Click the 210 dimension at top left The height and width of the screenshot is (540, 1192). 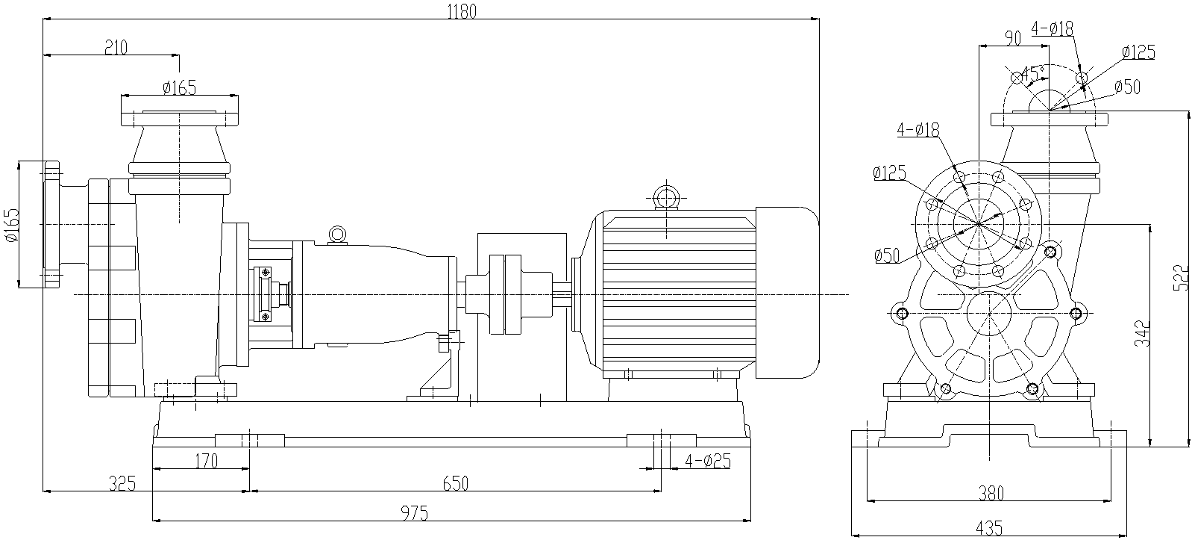click(x=116, y=48)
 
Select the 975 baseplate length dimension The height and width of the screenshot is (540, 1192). click(x=415, y=513)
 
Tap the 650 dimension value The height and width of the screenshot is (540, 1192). click(x=455, y=483)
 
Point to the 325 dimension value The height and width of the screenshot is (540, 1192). click(x=121, y=483)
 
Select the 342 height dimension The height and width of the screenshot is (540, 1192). click(x=1143, y=334)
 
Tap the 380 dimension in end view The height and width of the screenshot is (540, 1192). click(x=991, y=493)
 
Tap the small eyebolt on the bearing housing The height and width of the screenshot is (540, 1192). click(x=337, y=234)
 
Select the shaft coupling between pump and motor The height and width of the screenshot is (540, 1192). click(x=504, y=294)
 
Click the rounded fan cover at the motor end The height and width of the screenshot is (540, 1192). click(x=789, y=294)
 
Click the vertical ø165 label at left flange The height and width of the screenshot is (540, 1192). click(x=10, y=225)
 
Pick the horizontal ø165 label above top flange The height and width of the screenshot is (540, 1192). click(x=179, y=87)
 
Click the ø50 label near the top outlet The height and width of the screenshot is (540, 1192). click(x=1127, y=87)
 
